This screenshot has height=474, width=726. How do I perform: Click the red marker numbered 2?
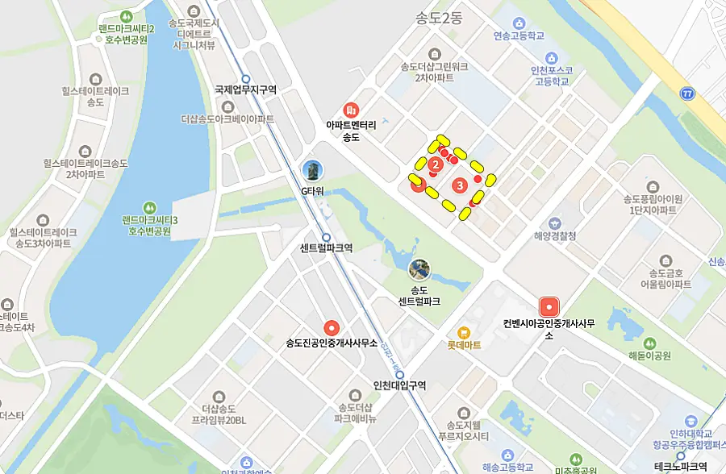[x=436, y=165]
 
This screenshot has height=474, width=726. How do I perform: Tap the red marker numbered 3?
[x=460, y=185]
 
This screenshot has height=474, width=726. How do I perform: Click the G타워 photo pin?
[x=312, y=170]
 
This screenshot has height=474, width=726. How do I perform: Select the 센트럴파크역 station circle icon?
[x=327, y=235]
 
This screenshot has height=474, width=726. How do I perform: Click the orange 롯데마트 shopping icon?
[x=464, y=332]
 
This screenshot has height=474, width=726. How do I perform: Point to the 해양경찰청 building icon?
[x=554, y=222]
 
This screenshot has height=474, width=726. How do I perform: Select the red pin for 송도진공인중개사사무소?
[x=332, y=328]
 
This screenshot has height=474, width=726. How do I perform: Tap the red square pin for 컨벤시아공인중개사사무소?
[x=549, y=307]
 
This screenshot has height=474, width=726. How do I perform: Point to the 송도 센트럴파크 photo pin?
[x=419, y=269]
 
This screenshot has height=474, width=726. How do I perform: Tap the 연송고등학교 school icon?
[x=519, y=23]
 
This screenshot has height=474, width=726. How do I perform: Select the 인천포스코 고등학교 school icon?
[x=552, y=58]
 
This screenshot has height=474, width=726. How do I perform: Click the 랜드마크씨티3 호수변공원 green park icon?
[x=150, y=206]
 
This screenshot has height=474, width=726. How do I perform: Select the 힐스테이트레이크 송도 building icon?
[x=96, y=79]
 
